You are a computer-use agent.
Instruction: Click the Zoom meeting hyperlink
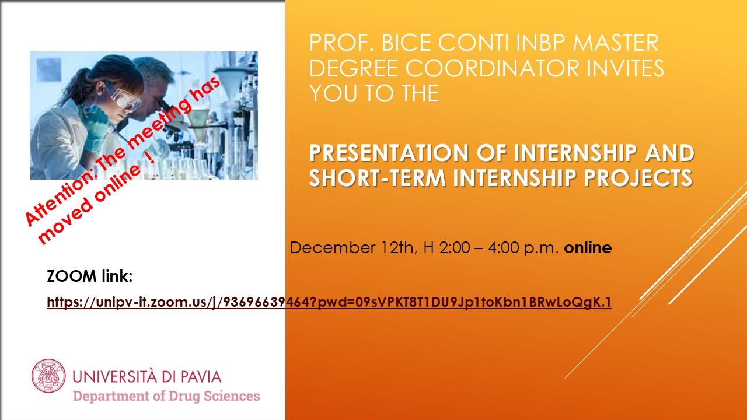pos(329,302)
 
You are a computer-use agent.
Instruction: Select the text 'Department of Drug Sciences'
pos(166,396)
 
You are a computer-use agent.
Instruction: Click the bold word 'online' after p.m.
pos(588,248)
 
